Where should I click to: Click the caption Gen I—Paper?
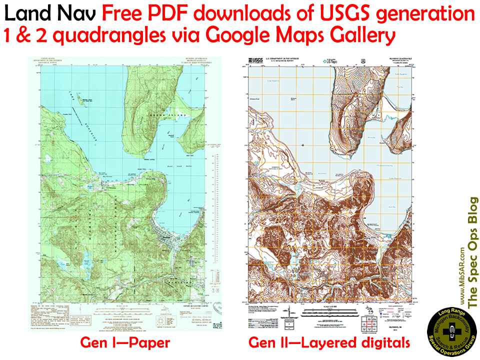125,343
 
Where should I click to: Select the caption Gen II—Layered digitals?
329,343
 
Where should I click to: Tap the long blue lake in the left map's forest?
86,259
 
